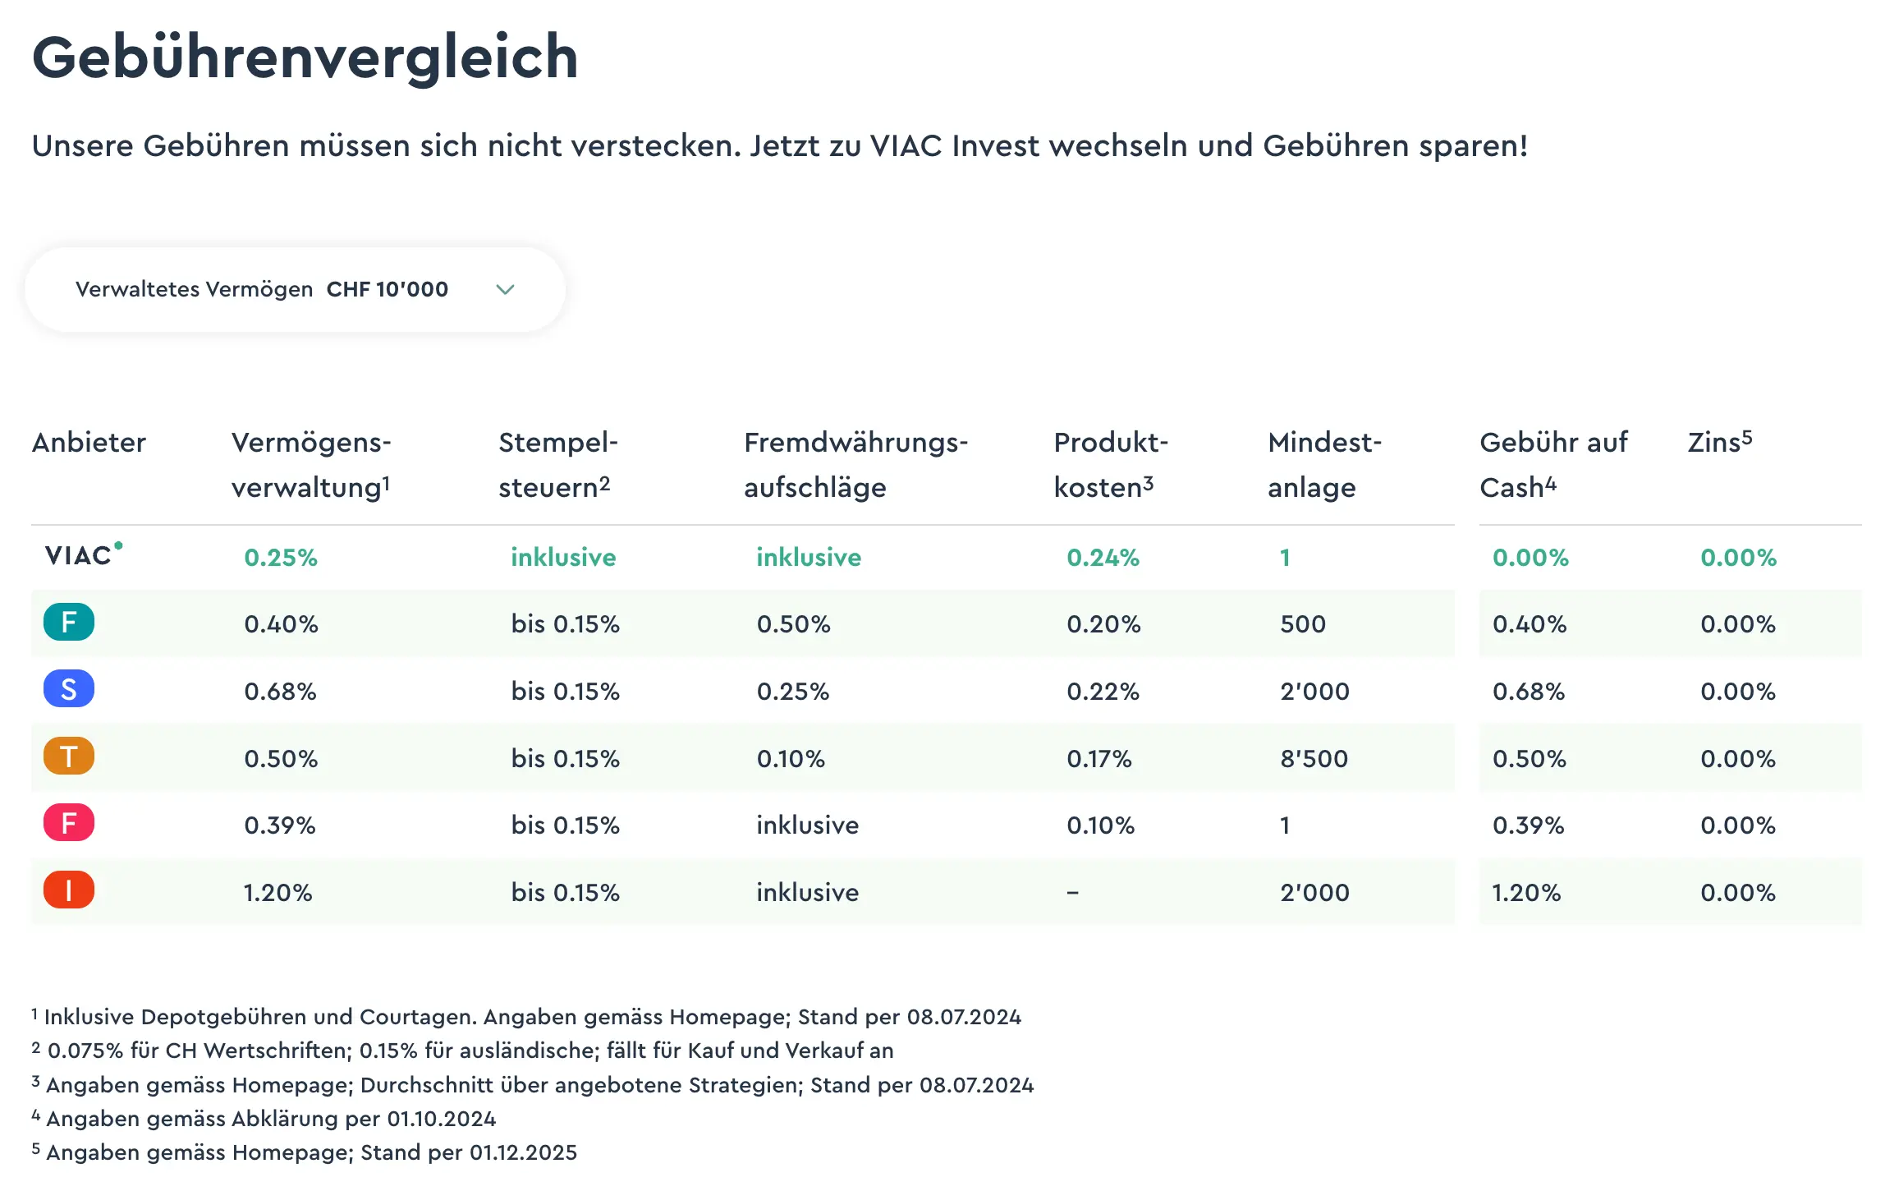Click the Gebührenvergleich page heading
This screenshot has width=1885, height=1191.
click(305, 57)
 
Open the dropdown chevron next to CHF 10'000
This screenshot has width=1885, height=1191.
click(505, 289)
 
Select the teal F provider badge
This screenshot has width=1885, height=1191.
click(69, 622)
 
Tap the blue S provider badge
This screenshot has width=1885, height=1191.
click(69, 689)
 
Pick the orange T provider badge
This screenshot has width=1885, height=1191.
click(69, 756)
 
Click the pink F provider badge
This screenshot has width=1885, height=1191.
click(69, 823)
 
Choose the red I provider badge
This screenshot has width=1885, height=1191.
click(69, 890)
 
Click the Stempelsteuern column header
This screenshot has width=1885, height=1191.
click(557, 464)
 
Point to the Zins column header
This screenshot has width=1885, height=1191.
click(1719, 442)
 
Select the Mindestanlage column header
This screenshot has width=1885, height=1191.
click(1323, 464)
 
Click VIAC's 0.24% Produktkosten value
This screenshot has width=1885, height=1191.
click(1103, 558)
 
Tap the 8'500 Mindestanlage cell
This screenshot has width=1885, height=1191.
click(1314, 758)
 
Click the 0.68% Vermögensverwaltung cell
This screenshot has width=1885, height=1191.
click(280, 691)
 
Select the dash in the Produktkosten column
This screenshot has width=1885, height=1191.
click(1072, 892)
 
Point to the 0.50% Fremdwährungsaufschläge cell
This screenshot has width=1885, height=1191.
click(793, 624)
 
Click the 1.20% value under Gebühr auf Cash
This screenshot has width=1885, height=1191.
click(1525, 892)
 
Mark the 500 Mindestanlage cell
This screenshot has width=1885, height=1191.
click(1302, 624)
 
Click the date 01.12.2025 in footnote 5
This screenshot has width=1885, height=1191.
click(523, 1152)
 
